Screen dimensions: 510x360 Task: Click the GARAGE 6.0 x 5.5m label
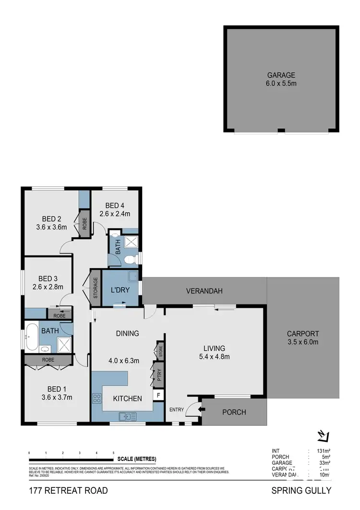click(x=281, y=79)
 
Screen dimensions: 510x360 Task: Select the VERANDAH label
click(x=204, y=291)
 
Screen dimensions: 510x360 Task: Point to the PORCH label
click(x=235, y=412)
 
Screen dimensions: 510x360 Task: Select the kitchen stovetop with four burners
click(x=96, y=398)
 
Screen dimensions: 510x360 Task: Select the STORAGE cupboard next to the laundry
click(x=96, y=288)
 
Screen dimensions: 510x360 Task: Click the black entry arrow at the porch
click(x=201, y=409)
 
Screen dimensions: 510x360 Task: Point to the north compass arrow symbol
click(x=323, y=436)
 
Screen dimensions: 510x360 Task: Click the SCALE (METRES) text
click(x=137, y=459)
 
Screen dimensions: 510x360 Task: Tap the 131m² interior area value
click(x=323, y=451)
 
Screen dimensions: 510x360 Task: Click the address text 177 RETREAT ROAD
click(x=68, y=490)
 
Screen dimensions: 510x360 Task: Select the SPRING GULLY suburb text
click(x=301, y=490)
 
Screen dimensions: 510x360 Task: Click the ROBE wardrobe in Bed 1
click(x=48, y=360)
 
